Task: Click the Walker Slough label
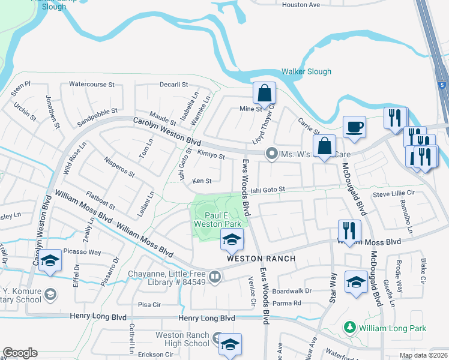(x=306, y=71)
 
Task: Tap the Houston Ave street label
(x=301, y=5)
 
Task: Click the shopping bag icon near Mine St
(x=264, y=93)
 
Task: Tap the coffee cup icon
(x=354, y=127)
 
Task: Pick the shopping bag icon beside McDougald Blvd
(x=324, y=146)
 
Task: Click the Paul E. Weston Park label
(x=217, y=220)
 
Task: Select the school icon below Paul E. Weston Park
(x=231, y=240)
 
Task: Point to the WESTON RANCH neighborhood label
(x=261, y=259)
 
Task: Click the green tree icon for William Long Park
(x=349, y=328)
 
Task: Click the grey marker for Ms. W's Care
(x=272, y=154)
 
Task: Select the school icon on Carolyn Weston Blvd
(x=51, y=261)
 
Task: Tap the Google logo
(x=20, y=353)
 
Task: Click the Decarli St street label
(x=174, y=85)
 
